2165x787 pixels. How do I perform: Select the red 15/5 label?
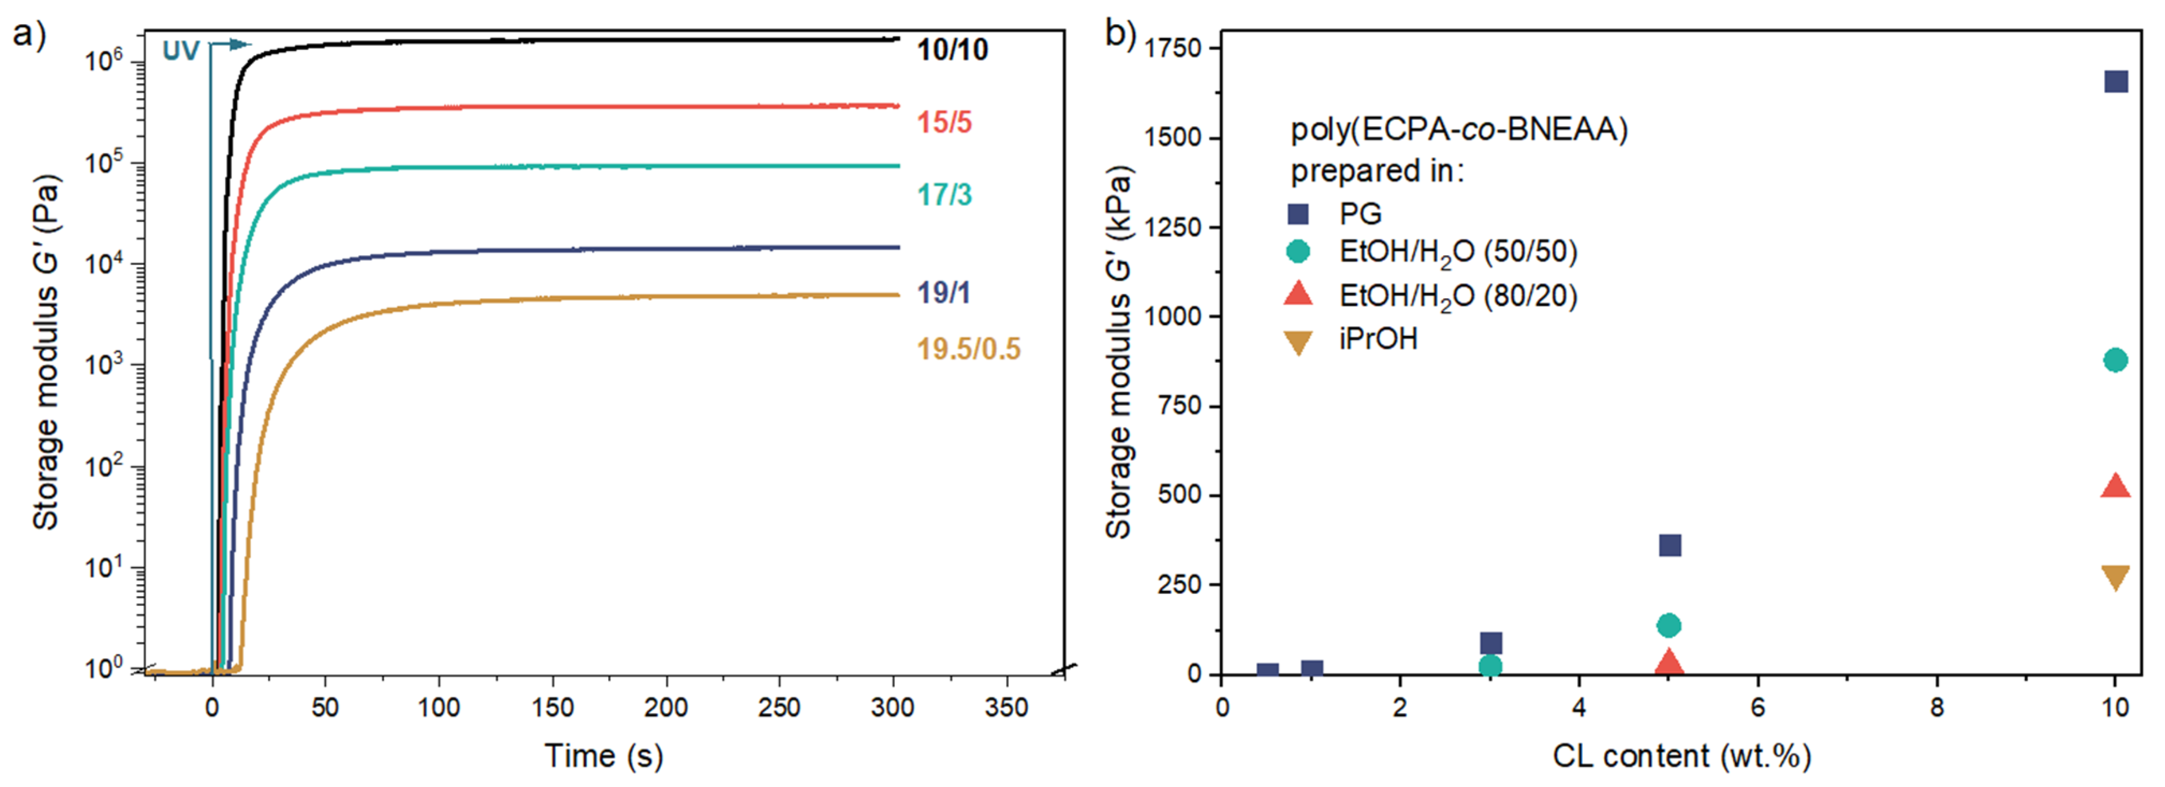click(944, 123)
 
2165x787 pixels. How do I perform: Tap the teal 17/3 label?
click(944, 195)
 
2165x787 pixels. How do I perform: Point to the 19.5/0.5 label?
click(968, 349)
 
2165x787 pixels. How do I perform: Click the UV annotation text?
click(181, 52)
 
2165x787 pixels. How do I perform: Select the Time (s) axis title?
click(604, 756)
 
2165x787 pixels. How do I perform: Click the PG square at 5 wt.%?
click(1670, 545)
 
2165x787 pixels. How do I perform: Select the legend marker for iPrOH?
click(1298, 342)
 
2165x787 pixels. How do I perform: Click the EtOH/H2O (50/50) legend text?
click(1457, 253)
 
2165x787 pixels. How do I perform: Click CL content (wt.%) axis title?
click(1681, 756)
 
